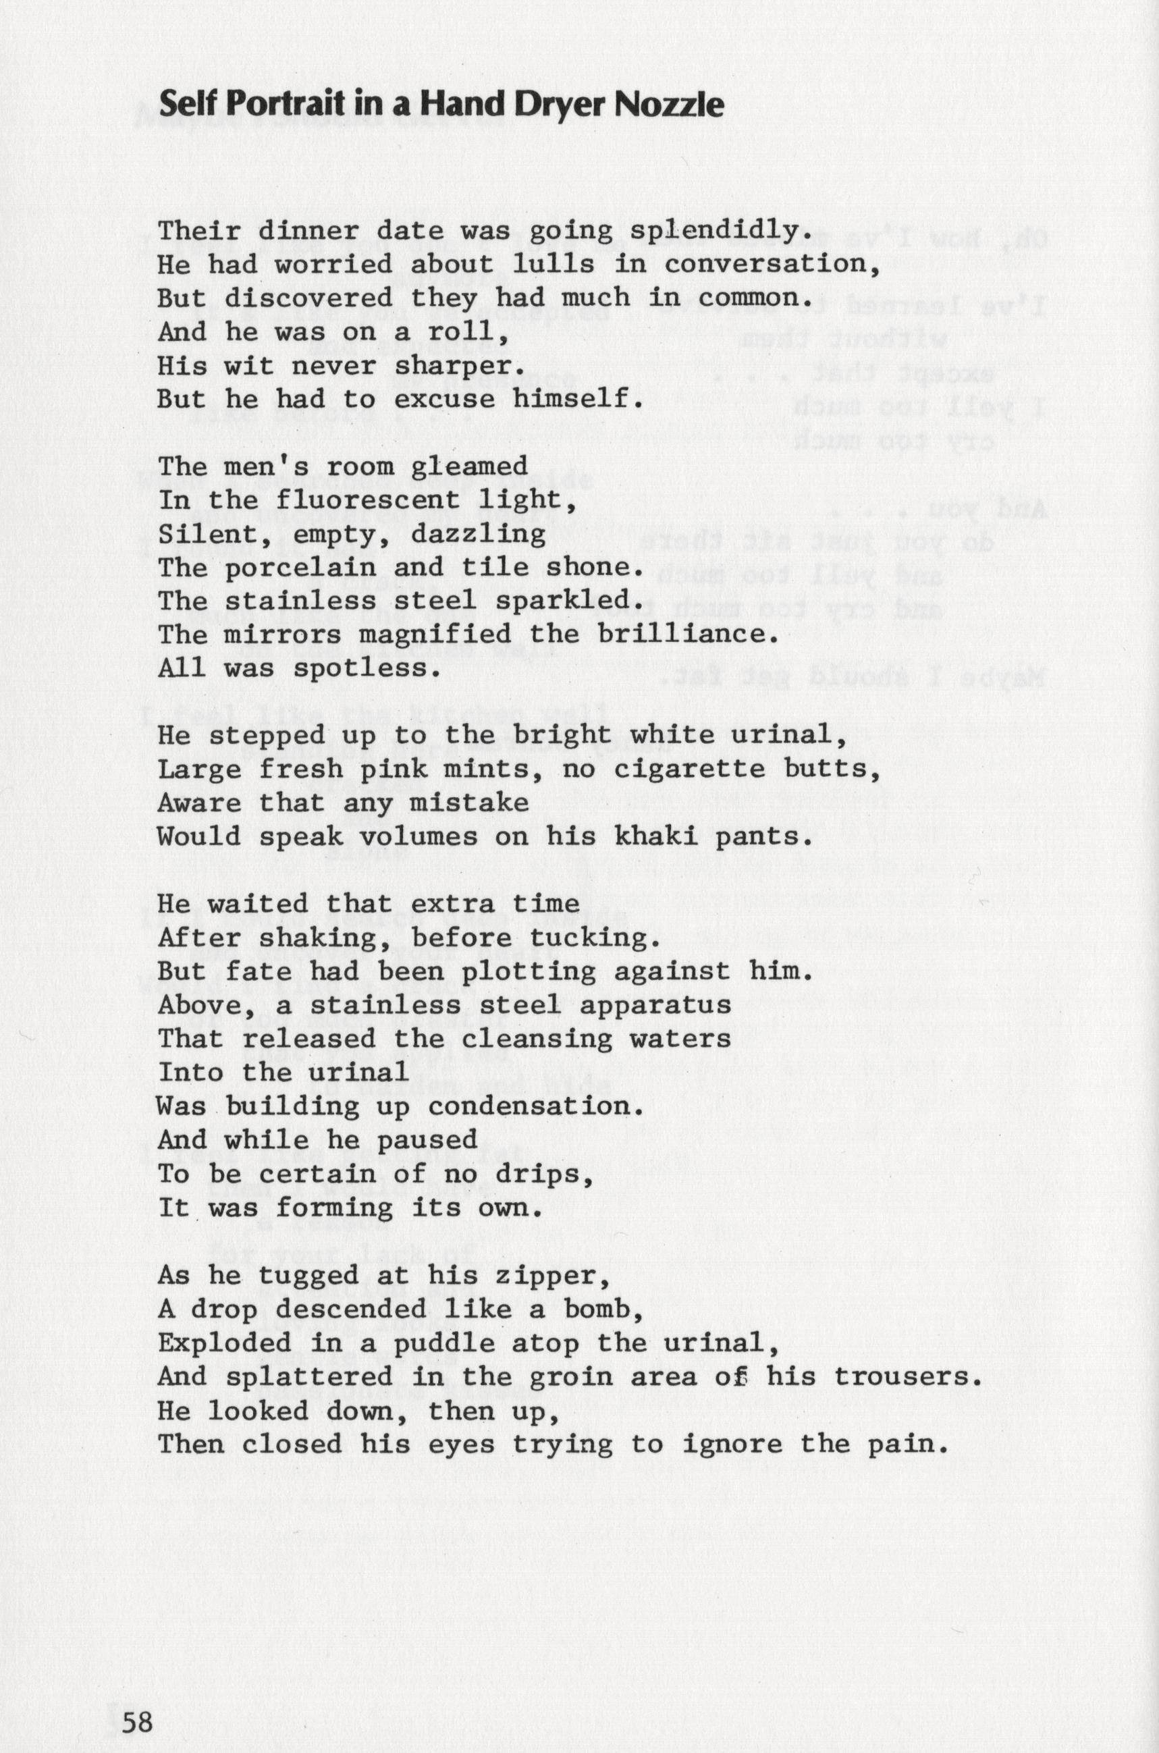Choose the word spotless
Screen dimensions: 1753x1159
pos(367,669)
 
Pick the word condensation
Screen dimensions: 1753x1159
pos(529,1107)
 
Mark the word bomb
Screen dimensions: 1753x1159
pos(604,1310)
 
